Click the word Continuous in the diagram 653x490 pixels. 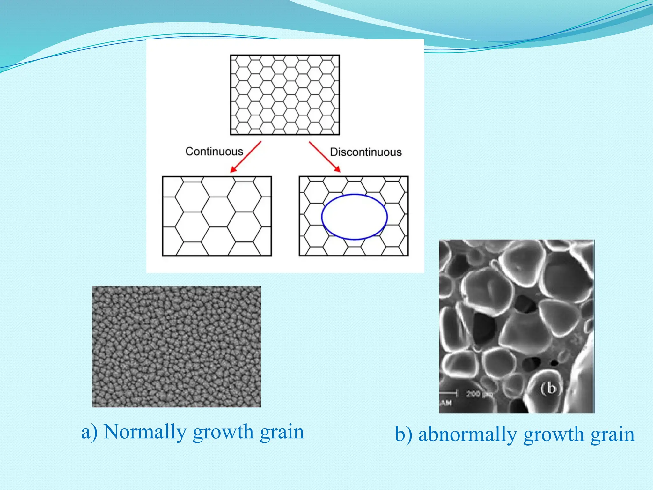[x=214, y=152]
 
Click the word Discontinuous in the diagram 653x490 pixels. [x=365, y=152]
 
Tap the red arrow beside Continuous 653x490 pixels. [x=246, y=157]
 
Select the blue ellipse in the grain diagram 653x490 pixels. [x=354, y=195]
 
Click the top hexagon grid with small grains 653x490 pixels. [x=285, y=95]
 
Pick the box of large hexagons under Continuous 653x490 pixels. [x=217, y=216]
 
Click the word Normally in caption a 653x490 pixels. [x=145, y=432]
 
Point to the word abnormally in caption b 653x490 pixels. [x=467, y=434]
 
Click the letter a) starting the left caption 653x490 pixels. [x=89, y=432]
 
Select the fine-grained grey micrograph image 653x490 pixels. [x=176, y=346]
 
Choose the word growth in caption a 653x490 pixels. [x=223, y=433]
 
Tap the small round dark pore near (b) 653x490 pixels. [x=554, y=363]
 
